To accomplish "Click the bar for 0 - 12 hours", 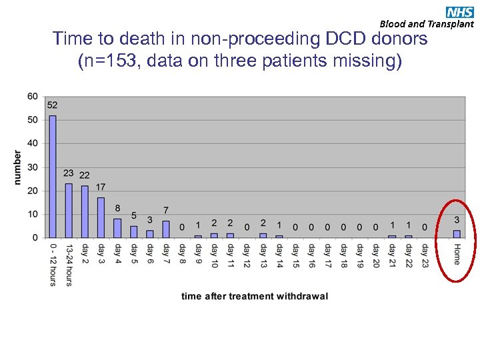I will [53, 176].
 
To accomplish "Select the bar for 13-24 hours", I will [69, 210].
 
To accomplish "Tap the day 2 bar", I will [85, 211].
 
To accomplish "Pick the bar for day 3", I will [101, 217].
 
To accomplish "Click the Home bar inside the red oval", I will [457, 234].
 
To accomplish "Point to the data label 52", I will [53, 105].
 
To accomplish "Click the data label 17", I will [101, 187].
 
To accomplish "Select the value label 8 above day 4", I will [117, 209].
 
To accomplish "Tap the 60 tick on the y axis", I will [33, 96].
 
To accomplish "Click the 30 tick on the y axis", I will [33, 167].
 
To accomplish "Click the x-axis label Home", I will [457, 254].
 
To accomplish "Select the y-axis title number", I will [17, 167].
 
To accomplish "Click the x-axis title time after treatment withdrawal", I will [255, 296].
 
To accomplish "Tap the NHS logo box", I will [461, 11].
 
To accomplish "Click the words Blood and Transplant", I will [427, 24].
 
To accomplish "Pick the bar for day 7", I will [165, 229].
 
